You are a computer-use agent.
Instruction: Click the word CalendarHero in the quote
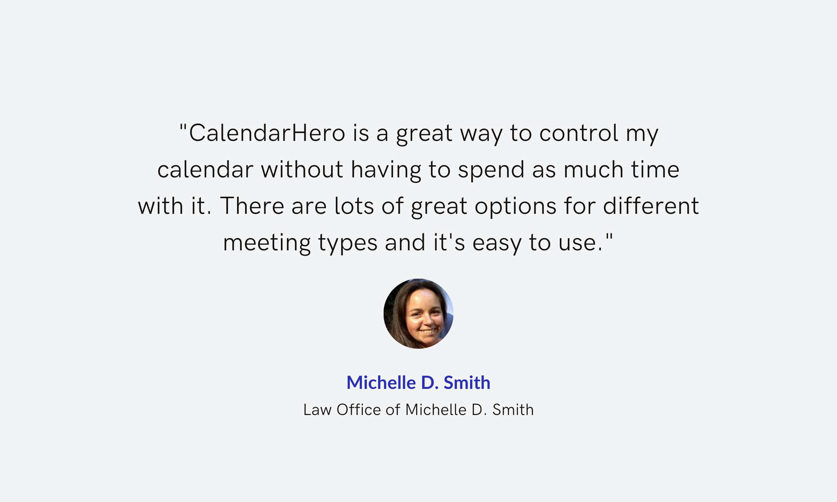pos(267,133)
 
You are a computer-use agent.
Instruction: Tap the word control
pos(579,133)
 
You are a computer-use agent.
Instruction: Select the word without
pos(302,170)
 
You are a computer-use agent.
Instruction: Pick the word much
pos(593,170)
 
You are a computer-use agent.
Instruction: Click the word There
pos(252,206)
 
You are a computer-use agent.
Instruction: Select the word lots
pos(354,206)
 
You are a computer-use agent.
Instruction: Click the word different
pos(651,206)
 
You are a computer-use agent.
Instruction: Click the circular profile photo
pos(418,314)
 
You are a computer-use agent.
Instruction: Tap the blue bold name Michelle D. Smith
pos(418,383)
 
